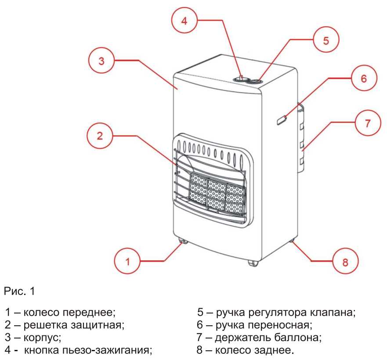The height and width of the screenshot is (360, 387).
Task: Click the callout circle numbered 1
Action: coord(127,262)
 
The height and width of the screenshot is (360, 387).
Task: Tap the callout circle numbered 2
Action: coord(100,136)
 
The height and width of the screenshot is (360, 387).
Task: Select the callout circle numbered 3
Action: coord(101,61)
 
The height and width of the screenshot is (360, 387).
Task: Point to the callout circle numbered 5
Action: coord(326,40)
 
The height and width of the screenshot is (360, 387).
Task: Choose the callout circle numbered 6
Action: coord(363,79)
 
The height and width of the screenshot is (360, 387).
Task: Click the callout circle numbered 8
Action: coord(345,262)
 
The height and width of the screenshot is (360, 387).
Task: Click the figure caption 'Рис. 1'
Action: coord(20,291)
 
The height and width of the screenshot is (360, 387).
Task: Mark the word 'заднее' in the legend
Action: coord(277,351)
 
